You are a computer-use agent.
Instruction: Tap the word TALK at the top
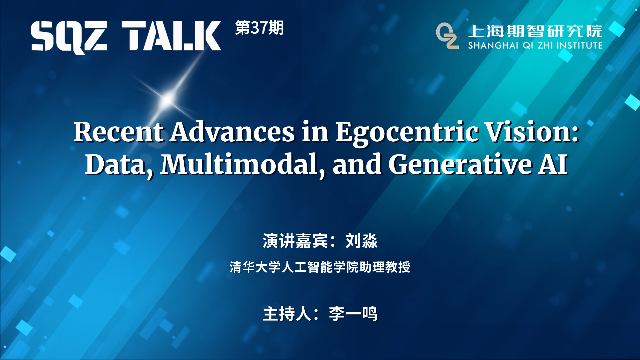(171, 36)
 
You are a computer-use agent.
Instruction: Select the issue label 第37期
(259, 28)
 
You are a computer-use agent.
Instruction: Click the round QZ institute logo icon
(447, 36)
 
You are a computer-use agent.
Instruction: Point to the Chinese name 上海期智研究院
(535, 31)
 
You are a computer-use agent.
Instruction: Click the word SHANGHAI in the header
(493, 45)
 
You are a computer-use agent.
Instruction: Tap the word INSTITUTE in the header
(580, 45)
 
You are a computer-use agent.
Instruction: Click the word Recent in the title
(119, 132)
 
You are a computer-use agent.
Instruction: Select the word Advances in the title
(233, 132)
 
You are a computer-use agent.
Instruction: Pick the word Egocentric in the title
(406, 133)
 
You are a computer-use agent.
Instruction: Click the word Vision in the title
(528, 132)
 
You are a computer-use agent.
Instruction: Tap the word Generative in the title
(460, 164)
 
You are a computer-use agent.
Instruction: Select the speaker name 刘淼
(361, 241)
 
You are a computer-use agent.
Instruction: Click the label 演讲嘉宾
(295, 241)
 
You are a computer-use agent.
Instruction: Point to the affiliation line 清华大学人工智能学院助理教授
(320, 267)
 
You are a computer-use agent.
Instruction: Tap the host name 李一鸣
(353, 314)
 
